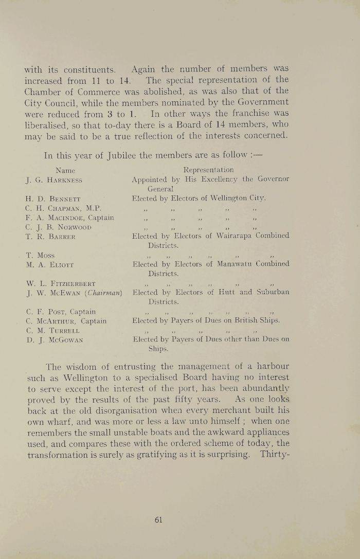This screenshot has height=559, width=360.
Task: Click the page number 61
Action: click(158, 519)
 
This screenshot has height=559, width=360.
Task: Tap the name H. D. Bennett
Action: click(51, 199)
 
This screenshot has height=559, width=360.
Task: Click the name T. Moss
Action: click(39, 255)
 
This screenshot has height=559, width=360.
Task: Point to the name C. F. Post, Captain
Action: click(58, 312)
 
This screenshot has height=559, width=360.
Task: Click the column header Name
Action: click(65, 170)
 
